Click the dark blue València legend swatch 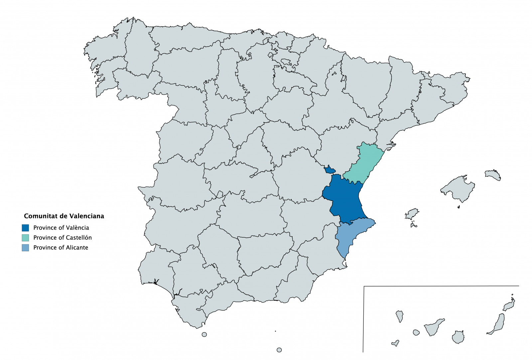click(25, 228)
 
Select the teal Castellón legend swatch click(25, 238)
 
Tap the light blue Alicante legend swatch click(25, 248)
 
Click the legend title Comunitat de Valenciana click(64, 216)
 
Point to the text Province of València click(61, 228)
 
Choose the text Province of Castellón click(63, 238)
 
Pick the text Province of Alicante click(61, 248)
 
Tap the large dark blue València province click(344, 199)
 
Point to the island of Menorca click(493, 175)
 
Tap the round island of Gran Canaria click(458, 337)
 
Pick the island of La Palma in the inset click(400, 316)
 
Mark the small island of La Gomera click(416, 332)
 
